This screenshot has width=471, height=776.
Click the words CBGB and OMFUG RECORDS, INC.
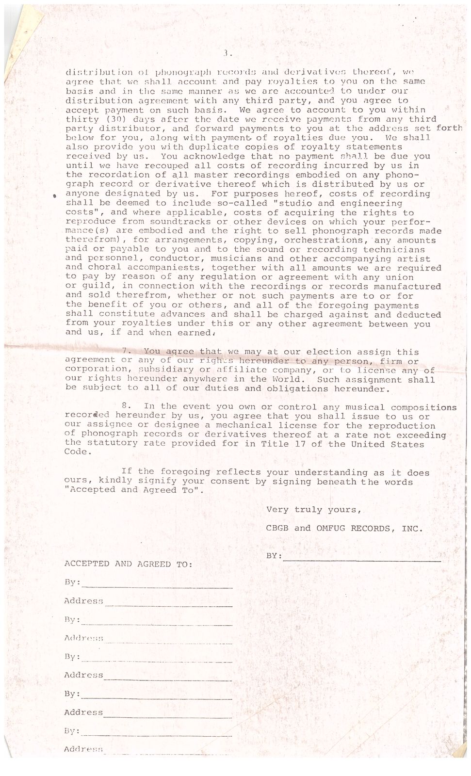(x=344, y=528)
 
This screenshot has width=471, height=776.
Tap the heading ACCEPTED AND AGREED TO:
(x=128, y=564)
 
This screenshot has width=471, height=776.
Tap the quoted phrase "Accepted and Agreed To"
(x=134, y=490)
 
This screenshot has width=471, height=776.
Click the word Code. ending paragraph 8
(x=78, y=452)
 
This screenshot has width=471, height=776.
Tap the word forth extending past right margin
(x=449, y=129)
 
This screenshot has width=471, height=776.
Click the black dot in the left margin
(x=55, y=195)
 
